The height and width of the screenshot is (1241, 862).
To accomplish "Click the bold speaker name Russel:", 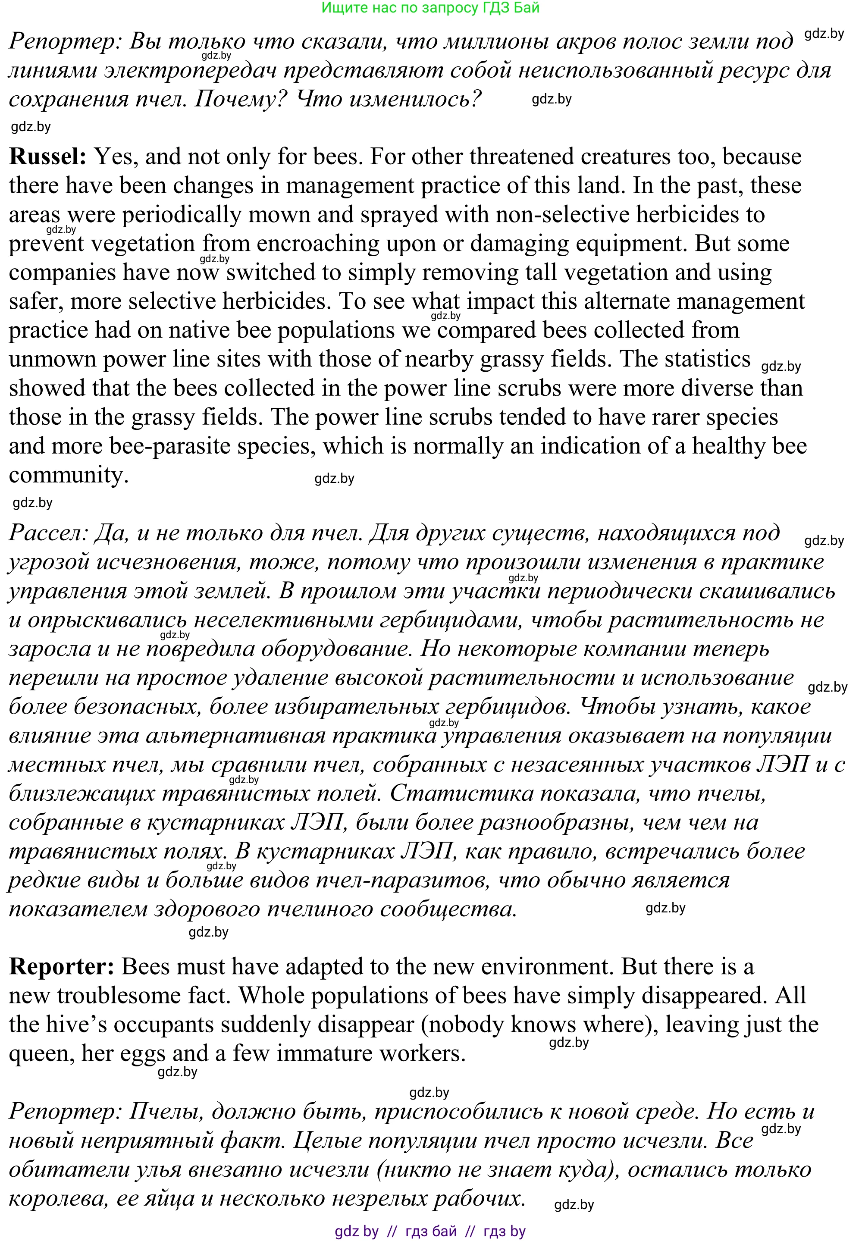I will pyautogui.click(x=47, y=157).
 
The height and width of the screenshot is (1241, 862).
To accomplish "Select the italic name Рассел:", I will pyautogui.click(x=49, y=533).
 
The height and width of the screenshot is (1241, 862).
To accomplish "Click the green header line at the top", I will pyautogui.click(x=430, y=8).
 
